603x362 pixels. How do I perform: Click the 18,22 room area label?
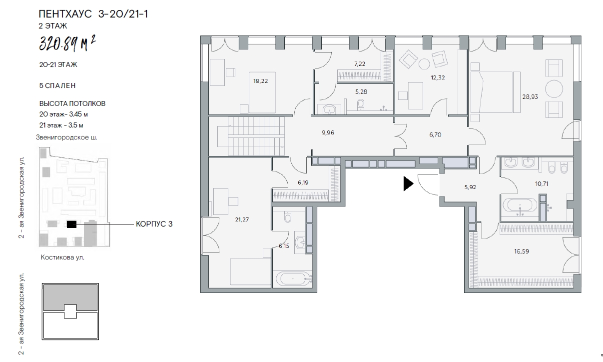click(x=261, y=81)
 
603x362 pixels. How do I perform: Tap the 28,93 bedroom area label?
click(x=530, y=96)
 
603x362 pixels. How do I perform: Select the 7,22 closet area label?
click(x=360, y=64)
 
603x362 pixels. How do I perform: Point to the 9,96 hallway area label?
click(x=328, y=132)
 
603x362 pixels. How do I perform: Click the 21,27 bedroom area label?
click(x=242, y=219)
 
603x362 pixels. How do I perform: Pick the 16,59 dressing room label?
click(x=522, y=251)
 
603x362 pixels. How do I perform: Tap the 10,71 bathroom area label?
click(x=542, y=183)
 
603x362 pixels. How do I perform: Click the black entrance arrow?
click(x=408, y=183)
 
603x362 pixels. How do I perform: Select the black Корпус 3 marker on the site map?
click(x=71, y=224)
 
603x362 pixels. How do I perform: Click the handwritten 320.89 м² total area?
click(x=67, y=44)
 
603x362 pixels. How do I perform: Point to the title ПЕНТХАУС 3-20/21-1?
click(x=93, y=13)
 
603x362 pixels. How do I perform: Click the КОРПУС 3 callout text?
click(x=154, y=224)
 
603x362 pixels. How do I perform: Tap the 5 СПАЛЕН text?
click(x=57, y=85)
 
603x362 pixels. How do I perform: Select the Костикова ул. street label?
click(x=62, y=257)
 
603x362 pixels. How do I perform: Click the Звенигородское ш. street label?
click(x=66, y=137)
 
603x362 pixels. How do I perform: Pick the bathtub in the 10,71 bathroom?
click(x=520, y=205)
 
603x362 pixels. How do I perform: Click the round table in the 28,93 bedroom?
click(x=554, y=88)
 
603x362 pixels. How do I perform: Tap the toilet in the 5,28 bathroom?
click(x=361, y=104)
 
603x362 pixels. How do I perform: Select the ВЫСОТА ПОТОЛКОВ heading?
click(x=72, y=103)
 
